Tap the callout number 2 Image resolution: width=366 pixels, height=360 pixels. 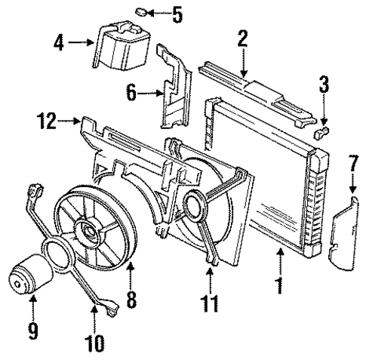coord(242,40)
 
